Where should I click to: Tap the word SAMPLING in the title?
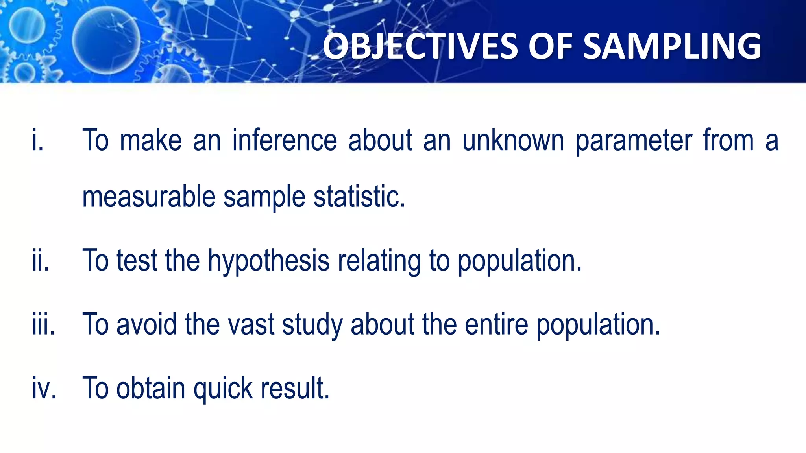[672, 46]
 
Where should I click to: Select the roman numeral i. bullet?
[38, 140]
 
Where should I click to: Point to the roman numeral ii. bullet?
[41, 261]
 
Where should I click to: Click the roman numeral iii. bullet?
[44, 324]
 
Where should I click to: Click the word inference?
[285, 140]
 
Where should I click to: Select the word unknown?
[513, 140]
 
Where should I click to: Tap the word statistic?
[359, 197]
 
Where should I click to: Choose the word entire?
[496, 324]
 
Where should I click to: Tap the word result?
[295, 388]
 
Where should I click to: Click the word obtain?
[151, 388]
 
